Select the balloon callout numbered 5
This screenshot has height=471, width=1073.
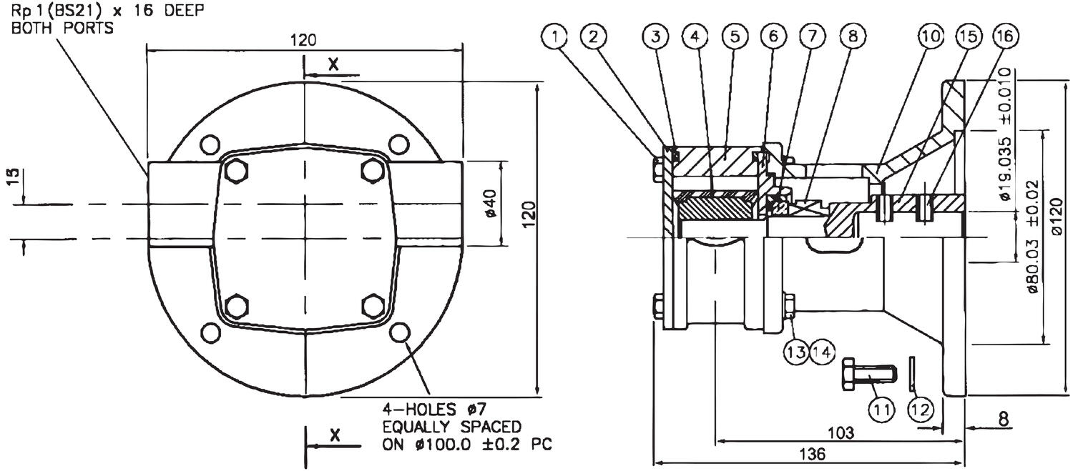[734, 36]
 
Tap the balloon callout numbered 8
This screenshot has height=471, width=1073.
[853, 36]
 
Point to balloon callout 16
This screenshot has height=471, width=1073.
[1007, 36]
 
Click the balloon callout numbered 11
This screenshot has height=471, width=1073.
[881, 409]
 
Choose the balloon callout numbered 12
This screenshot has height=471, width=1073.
[921, 409]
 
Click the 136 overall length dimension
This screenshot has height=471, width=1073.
[811, 454]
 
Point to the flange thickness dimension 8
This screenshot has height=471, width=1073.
[1005, 419]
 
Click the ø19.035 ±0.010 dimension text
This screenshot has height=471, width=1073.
[1006, 136]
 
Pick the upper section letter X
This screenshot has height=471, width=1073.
[333, 64]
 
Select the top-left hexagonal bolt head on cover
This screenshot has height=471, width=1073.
[235, 171]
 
